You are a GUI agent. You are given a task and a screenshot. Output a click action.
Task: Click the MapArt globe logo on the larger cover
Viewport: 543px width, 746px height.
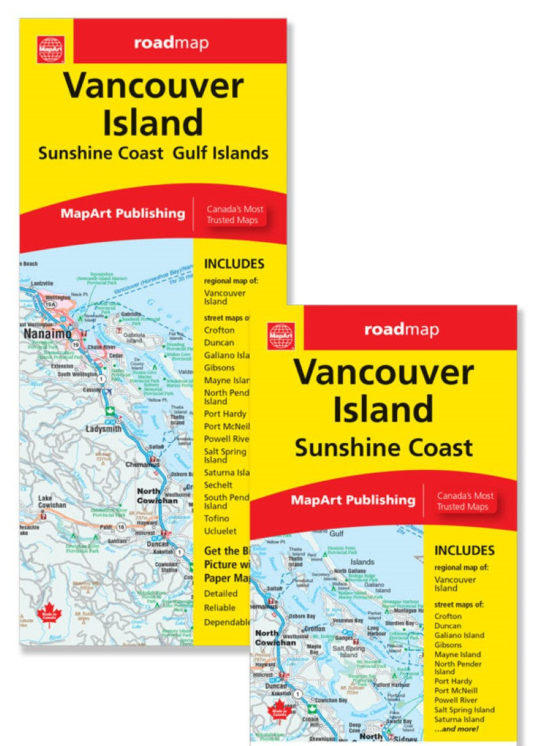click(x=51, y=50)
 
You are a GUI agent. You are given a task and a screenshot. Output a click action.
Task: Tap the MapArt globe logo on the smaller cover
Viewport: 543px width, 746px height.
click(x=281, y=336)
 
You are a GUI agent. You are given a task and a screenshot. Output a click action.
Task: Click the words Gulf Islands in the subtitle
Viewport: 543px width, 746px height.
click(x=221, y=153)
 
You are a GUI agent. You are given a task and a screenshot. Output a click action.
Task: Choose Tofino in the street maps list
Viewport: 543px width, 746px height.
click(x=217, y=518)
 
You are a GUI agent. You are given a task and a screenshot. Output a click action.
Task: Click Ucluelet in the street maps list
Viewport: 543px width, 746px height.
click(x=221, y=531)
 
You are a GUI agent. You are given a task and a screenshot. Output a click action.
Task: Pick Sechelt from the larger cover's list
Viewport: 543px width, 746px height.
click(x=218, y=485)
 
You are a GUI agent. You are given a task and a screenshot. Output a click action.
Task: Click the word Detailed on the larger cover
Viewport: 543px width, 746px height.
click(x=221, y=593)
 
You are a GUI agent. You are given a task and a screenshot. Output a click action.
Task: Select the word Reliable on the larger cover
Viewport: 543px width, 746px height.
click(x=220, y=608)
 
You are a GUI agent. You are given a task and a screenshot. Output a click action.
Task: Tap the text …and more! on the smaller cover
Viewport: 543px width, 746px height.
click(x=460, y=728)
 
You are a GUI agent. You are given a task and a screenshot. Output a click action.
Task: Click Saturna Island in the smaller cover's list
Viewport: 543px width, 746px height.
click(x=459, y=719)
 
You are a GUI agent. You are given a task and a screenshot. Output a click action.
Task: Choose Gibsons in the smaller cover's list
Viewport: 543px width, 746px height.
click(x=448, y=645)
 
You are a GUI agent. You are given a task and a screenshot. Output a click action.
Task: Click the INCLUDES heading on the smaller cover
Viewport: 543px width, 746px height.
click(x=464, y=551)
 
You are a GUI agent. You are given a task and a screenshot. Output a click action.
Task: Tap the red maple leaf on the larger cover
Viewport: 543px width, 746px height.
click(x=52, y=615)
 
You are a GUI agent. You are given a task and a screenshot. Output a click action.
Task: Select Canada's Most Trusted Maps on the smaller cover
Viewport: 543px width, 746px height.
click(x=465, y=501)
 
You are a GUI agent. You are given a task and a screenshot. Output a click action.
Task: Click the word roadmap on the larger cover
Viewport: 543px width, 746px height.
click(x=171, y=44)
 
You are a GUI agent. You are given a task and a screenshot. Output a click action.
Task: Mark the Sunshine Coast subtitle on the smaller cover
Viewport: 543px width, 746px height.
click(x=383, y=448)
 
